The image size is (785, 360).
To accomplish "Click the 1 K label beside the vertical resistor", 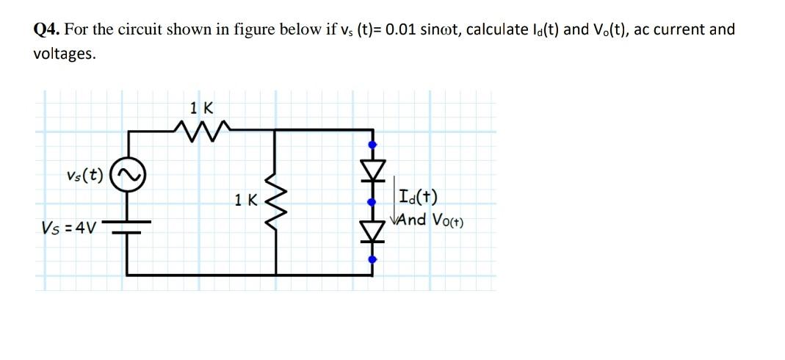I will (x=246, y=199).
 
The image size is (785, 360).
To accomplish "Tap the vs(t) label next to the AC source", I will (x=84, y=176).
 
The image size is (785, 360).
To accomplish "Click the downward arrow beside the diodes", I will (x=394, y=202).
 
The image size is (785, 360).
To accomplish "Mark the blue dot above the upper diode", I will (x=372, y=145).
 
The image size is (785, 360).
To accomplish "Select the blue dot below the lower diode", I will (x=372, y=259).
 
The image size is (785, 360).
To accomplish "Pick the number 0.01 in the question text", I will (x=408, y=30).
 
